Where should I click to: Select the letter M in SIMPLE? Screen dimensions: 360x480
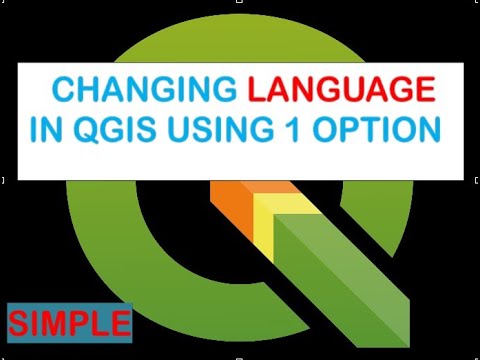coord(63,322)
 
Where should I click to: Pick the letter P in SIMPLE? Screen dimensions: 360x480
coord(85,322)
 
